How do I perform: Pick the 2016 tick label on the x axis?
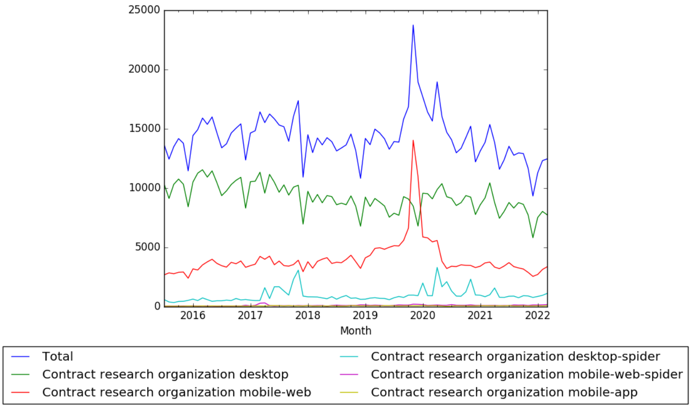pyautogui.click(x=193, y=316)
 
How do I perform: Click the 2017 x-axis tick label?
pyautogui.click(x=251, y=316)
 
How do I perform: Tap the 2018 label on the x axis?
pyautogui.click(x=308, y=316)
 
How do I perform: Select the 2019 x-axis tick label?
pyautogui.click(x=365, y=316)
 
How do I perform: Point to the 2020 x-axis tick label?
pyautogui.click(x=423, y=316)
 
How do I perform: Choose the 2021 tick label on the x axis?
pyautogui.click(x=480, y=316)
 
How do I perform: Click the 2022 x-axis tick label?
pyautogui.click(x=537, y=316)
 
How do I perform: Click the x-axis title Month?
pyautogui.click(x=355, y=331)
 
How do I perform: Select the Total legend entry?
pyautogui.click(x=57, y=357)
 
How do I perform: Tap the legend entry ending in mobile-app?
pyautogui.click(x=504, y=392)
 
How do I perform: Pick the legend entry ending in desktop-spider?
pyautogui.click(x=515, y=357)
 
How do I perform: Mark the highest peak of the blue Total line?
pyautogui.click(x=413, y=25)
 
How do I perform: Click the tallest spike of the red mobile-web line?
pyautogui.click(x=413, y=140)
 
